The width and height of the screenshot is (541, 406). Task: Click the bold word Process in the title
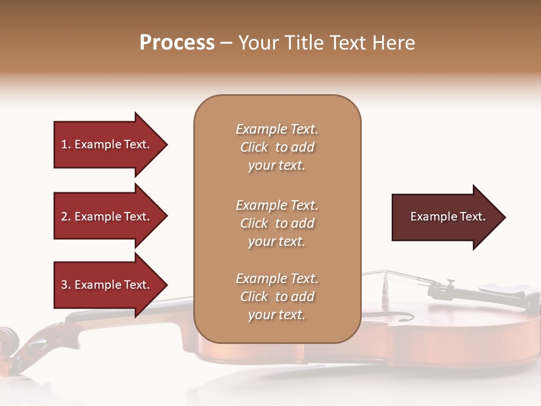[177, 43]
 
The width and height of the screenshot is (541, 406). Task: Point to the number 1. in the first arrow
[66, 145]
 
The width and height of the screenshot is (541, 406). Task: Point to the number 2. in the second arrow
[66, 217]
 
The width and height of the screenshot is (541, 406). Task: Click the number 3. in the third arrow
[66, 285]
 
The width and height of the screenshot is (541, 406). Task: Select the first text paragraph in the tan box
[277, 147]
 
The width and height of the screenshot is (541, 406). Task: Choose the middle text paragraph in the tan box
[277, 223]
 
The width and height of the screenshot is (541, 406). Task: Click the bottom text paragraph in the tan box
[277, 297]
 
